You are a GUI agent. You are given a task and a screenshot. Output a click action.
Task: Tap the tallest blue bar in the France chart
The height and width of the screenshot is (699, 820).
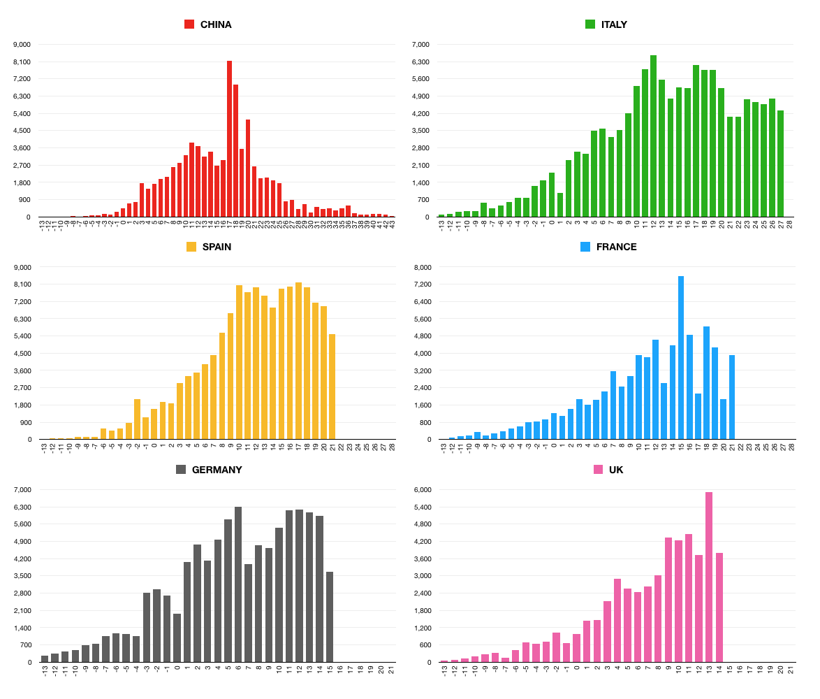681,357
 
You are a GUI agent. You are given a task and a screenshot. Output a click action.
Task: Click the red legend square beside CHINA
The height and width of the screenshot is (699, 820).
189,24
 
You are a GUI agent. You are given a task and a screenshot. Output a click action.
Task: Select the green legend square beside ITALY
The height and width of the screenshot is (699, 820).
590,24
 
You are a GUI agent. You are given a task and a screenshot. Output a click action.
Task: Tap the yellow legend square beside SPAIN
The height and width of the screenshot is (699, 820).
191,247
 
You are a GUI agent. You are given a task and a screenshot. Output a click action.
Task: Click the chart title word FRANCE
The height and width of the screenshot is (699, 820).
616,247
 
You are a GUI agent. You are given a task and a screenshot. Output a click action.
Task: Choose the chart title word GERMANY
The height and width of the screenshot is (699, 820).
217,470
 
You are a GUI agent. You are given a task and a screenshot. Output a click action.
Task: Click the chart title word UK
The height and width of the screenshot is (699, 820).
616,470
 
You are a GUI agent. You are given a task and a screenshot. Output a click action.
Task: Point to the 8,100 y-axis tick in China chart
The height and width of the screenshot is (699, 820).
22,62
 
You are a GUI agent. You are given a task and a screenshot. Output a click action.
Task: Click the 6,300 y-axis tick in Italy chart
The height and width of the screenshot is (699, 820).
421,62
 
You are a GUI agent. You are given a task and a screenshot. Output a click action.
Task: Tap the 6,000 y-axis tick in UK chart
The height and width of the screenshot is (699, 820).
421,490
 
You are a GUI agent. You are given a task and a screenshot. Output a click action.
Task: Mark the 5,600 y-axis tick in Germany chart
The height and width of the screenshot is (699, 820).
22,524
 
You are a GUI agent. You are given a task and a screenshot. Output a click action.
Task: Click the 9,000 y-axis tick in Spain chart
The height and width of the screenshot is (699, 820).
22,267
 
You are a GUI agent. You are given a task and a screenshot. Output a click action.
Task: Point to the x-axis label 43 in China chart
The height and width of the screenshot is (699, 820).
392,223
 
